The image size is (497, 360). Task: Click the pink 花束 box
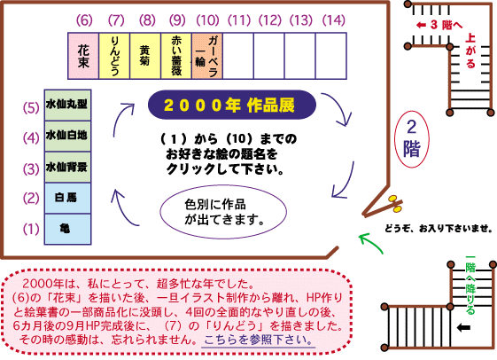(83, 56)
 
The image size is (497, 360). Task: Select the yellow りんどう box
(114, 56)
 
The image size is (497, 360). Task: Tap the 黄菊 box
(145, 56)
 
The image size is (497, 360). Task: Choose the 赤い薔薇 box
(176, 56)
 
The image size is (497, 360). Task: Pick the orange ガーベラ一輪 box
(207, 56)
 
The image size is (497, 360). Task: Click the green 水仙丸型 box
(68, 105)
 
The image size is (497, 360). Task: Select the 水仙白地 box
(68, 136)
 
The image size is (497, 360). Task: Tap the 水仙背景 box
(68, 168)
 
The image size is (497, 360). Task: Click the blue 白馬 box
(68, 198)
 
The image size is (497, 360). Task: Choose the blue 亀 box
(68, 229)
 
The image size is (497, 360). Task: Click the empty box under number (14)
(331, 56)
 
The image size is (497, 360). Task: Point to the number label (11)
(239, 20)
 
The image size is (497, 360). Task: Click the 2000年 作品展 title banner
(232, 105)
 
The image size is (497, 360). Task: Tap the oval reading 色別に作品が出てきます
(223, 212)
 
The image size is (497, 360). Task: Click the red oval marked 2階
(412, 139)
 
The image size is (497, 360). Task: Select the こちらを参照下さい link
(259, 340)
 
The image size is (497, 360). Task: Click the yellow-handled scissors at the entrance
(394, 204)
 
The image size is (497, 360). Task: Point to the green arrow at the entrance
(370, 243)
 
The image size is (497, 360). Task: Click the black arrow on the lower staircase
(463, 328)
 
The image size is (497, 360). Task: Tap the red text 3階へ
(439, 25)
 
